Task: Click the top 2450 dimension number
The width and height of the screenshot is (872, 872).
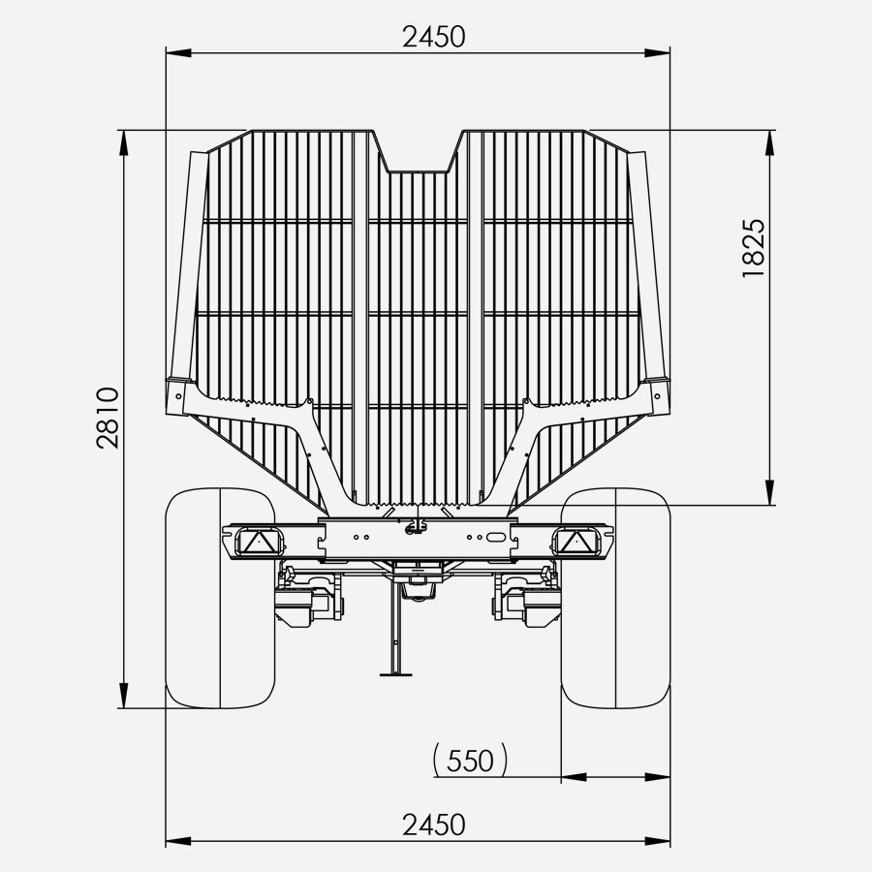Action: (433, 37)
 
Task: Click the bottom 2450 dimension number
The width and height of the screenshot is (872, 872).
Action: (433, 825)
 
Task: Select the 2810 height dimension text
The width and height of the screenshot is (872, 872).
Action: (108, 419)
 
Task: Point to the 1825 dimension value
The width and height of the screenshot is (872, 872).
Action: (754, 248)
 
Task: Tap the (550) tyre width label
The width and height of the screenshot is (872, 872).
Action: (470, 760)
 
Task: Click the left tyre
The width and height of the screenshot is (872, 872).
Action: (221, 598)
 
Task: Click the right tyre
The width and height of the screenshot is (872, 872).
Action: (615, 598)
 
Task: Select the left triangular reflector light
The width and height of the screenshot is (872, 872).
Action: (257, 541)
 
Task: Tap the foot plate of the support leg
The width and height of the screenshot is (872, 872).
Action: (396, 674)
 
